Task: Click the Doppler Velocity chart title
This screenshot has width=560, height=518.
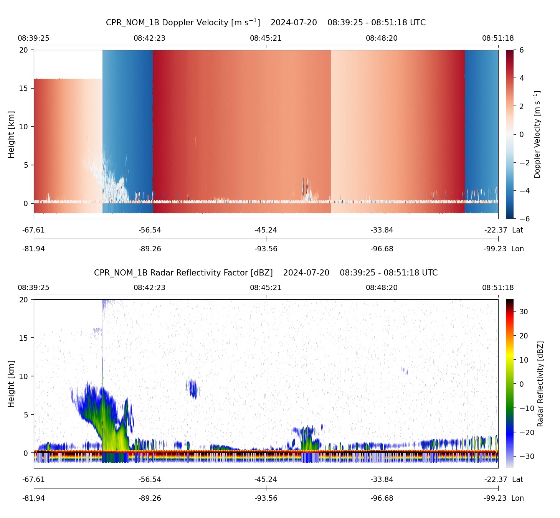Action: [266, 22]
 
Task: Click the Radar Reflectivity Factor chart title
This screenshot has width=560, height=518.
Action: [266, 273]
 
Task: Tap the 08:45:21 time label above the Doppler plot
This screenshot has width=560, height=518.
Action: [266, 38]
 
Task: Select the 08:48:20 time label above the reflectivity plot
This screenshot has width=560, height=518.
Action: [382, 288]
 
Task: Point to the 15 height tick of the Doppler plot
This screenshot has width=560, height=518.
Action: [24, 88]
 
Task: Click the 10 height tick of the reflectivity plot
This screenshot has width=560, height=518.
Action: [24, 376]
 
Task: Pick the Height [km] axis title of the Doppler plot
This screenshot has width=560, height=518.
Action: [11, 134]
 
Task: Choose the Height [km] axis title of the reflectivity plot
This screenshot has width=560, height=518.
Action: [11, 384]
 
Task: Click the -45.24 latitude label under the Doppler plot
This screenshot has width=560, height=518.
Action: [266, 230]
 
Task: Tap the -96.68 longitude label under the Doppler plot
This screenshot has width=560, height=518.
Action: [382, 249]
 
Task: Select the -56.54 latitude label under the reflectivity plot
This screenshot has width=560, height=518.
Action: [150, 480]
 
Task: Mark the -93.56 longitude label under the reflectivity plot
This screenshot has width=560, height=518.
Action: [266, 498]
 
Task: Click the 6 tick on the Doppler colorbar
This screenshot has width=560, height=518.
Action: [522, 50]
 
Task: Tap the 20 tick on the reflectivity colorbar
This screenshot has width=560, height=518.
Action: [524, 336]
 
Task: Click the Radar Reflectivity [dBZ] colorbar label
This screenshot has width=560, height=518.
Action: [540, 384]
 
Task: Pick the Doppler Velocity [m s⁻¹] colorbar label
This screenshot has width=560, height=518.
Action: [537, 134]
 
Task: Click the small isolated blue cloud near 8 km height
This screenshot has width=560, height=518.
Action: [192, 388]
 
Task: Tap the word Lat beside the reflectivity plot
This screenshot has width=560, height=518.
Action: [517, 480]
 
